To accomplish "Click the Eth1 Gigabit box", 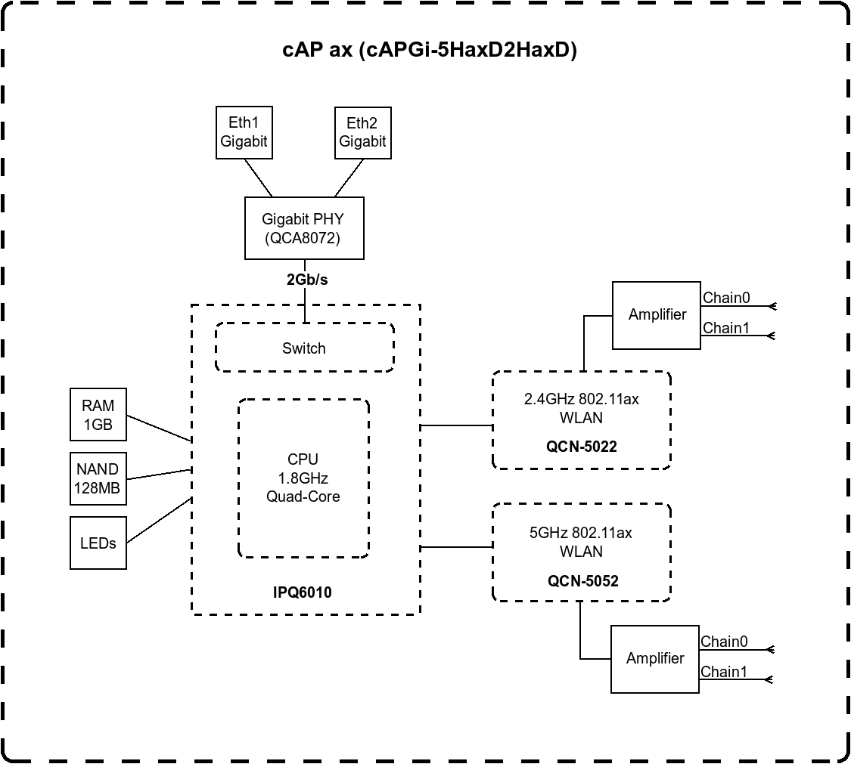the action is coord(244,132).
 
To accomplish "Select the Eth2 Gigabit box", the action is coord(363,133).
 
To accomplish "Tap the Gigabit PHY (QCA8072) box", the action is coord(305,228).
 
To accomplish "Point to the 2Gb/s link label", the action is coord(307,280).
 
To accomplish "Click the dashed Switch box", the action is coord(305,348).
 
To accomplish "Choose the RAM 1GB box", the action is coord(98,415).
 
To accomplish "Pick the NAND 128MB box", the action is coord(98,479).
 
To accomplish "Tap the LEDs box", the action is coord(98,543).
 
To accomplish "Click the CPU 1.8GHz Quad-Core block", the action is coord(304,478).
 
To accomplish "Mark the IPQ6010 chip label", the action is coord(303,592).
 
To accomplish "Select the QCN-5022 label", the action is coord(582,447).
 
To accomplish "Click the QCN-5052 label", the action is coord(583,581).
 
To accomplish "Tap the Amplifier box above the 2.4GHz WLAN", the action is coord(657,315).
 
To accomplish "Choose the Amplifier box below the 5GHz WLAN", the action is coord(655,659).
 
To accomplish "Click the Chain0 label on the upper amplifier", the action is coord(726,298).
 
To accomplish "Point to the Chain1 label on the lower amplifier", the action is coord(724,672).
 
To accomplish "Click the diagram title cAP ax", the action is coord(318,50).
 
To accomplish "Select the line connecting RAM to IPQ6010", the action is coord(159,428).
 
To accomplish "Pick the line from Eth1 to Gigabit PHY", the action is coord(259,178).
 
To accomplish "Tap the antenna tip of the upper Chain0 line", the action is coord(775,307).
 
